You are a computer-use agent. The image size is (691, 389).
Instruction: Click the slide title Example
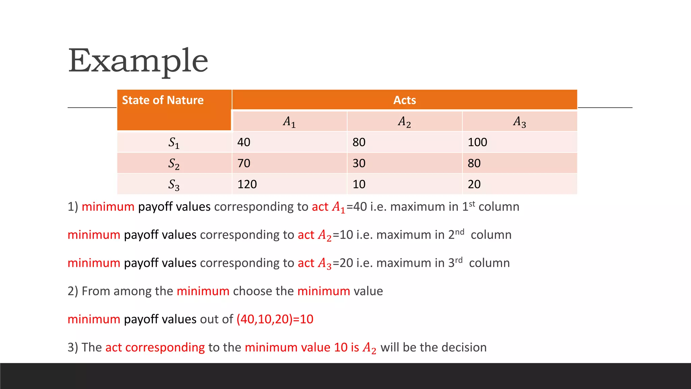coord(138,61)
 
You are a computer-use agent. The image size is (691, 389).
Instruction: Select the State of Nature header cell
coord(163,100)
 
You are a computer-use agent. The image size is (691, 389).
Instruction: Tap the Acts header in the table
coord(405,100)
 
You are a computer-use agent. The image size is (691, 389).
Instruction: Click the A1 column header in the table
coord(289,122)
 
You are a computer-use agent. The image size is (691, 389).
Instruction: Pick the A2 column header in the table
coord(404,122)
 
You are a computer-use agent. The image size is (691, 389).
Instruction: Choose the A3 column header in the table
coord(520,122)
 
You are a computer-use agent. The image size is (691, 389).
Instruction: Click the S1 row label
coord(174,142)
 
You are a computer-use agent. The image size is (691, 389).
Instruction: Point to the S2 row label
coord(174,163)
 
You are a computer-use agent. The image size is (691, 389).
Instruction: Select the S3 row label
coord(174,184)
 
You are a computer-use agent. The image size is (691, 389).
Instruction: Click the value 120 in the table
coord(247,184)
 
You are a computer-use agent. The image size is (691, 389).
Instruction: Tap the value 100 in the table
coord(477,142)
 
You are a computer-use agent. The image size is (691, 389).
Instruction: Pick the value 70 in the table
coord(244,163)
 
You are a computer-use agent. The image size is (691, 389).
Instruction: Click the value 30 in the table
coord(359,163)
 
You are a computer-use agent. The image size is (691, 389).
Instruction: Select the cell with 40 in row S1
coord(244,142)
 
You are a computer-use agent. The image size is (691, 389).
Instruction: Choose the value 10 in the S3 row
coord(359,184)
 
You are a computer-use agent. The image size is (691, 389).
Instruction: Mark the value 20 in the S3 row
coord(474,184)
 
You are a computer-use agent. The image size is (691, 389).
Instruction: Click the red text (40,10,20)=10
coord(275,319)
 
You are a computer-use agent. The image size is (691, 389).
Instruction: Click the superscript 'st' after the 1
coord(472,204)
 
